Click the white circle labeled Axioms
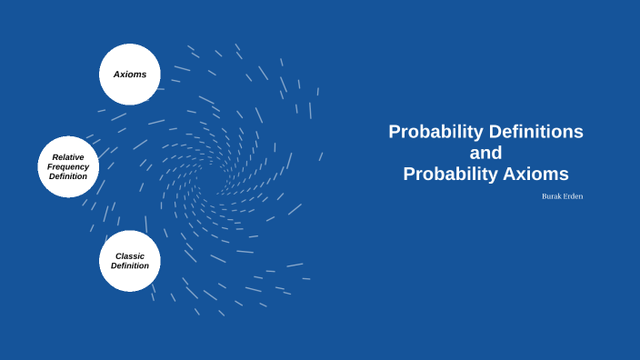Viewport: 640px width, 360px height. click(x=130, y=75)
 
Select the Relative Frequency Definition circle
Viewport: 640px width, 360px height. click(x=68, y=167)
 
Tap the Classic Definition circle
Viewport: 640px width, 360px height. click(x=130, y=261)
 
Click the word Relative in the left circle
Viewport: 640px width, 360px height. click(x=68, y=157)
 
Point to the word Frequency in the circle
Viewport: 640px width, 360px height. click(x=68, y=167)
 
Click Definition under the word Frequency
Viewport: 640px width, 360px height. click(x=68, y=176)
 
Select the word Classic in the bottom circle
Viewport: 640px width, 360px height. click(x=130, y=255)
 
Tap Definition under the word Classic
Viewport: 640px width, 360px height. click(x=130, y=265)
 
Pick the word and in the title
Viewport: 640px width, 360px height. click(x=485, y=153)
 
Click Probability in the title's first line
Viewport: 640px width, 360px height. click(x=435, y=132)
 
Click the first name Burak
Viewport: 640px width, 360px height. click(x=551, y=196)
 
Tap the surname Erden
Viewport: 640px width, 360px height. click(x=574, y=196)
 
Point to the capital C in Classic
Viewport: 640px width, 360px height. click(x=118, y=255)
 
